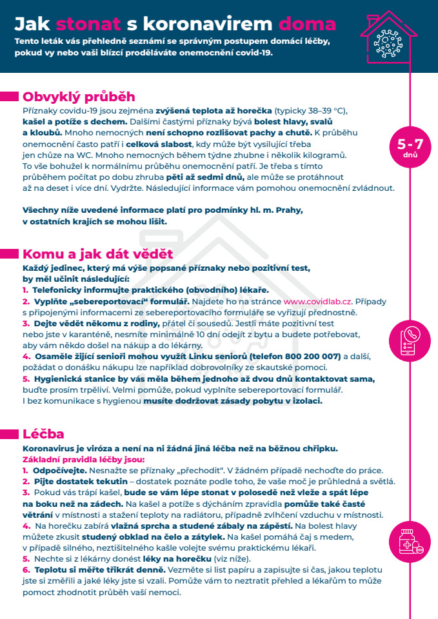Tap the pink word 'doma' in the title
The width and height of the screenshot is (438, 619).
307,25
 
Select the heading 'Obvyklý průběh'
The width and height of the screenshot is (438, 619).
79,97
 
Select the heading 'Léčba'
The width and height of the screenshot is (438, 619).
43,434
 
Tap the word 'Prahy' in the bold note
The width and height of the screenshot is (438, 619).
288,210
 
